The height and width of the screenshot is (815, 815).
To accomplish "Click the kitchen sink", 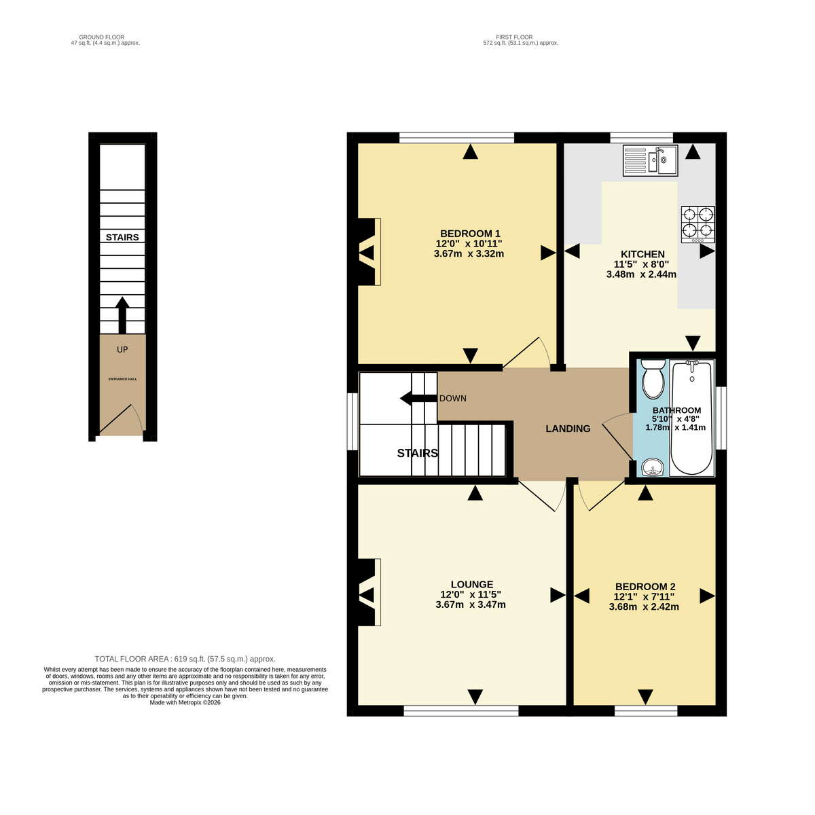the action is coord(650,161).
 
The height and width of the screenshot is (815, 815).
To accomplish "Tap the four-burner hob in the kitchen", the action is coord(698,225).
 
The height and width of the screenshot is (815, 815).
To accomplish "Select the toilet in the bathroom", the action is coord(653,379).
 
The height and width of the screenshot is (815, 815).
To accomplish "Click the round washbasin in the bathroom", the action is coord(653,468).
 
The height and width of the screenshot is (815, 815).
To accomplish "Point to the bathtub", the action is coord(691,418).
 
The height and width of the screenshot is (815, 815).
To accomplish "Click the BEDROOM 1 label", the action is coord(470,234).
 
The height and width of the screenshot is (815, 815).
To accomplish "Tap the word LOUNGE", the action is coord(471,585).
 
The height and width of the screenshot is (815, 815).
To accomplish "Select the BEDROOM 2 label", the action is coord(645,587).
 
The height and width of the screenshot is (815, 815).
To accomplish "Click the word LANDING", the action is coord(568,429).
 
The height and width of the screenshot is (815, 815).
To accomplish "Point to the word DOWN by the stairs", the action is coord(452,399).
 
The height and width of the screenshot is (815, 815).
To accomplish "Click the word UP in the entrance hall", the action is coord(122,349).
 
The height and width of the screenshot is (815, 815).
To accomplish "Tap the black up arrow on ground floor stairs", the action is coord(122,315).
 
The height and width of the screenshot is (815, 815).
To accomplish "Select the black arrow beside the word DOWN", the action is coord(418,399).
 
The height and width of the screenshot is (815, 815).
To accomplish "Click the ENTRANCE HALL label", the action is coord(123,379).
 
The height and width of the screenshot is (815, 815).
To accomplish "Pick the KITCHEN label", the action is coord(642,254).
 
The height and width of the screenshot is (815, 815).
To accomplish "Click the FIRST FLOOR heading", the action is coord(514,37).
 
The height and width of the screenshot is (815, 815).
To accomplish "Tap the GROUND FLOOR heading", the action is coord(101,37).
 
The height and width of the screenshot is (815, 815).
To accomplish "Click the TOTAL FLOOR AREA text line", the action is coord(185,659).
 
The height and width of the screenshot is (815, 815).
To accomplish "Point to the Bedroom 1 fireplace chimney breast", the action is coord(367,252).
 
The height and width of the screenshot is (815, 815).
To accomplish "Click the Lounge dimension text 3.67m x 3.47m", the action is coord(470,605).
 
